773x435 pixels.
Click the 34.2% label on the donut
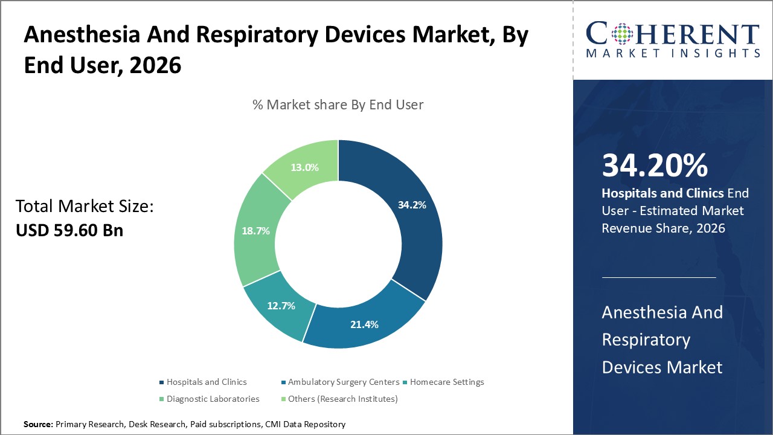point(412,205)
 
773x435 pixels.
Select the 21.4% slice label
point(364,324)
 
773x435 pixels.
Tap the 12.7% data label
point(281,306)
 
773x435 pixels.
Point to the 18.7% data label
point(255,231)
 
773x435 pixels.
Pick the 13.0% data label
point(304,167)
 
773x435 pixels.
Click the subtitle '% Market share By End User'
point(338,105)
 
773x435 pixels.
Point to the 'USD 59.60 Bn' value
point(69,230)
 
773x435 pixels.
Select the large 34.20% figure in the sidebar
point(655,166)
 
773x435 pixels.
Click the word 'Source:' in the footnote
point(38,425)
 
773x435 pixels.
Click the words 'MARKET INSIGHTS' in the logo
point(673,53)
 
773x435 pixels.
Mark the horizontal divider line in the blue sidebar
point(659,277)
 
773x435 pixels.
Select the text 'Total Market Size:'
point(85,207)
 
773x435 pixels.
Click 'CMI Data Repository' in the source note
point(305,425)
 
